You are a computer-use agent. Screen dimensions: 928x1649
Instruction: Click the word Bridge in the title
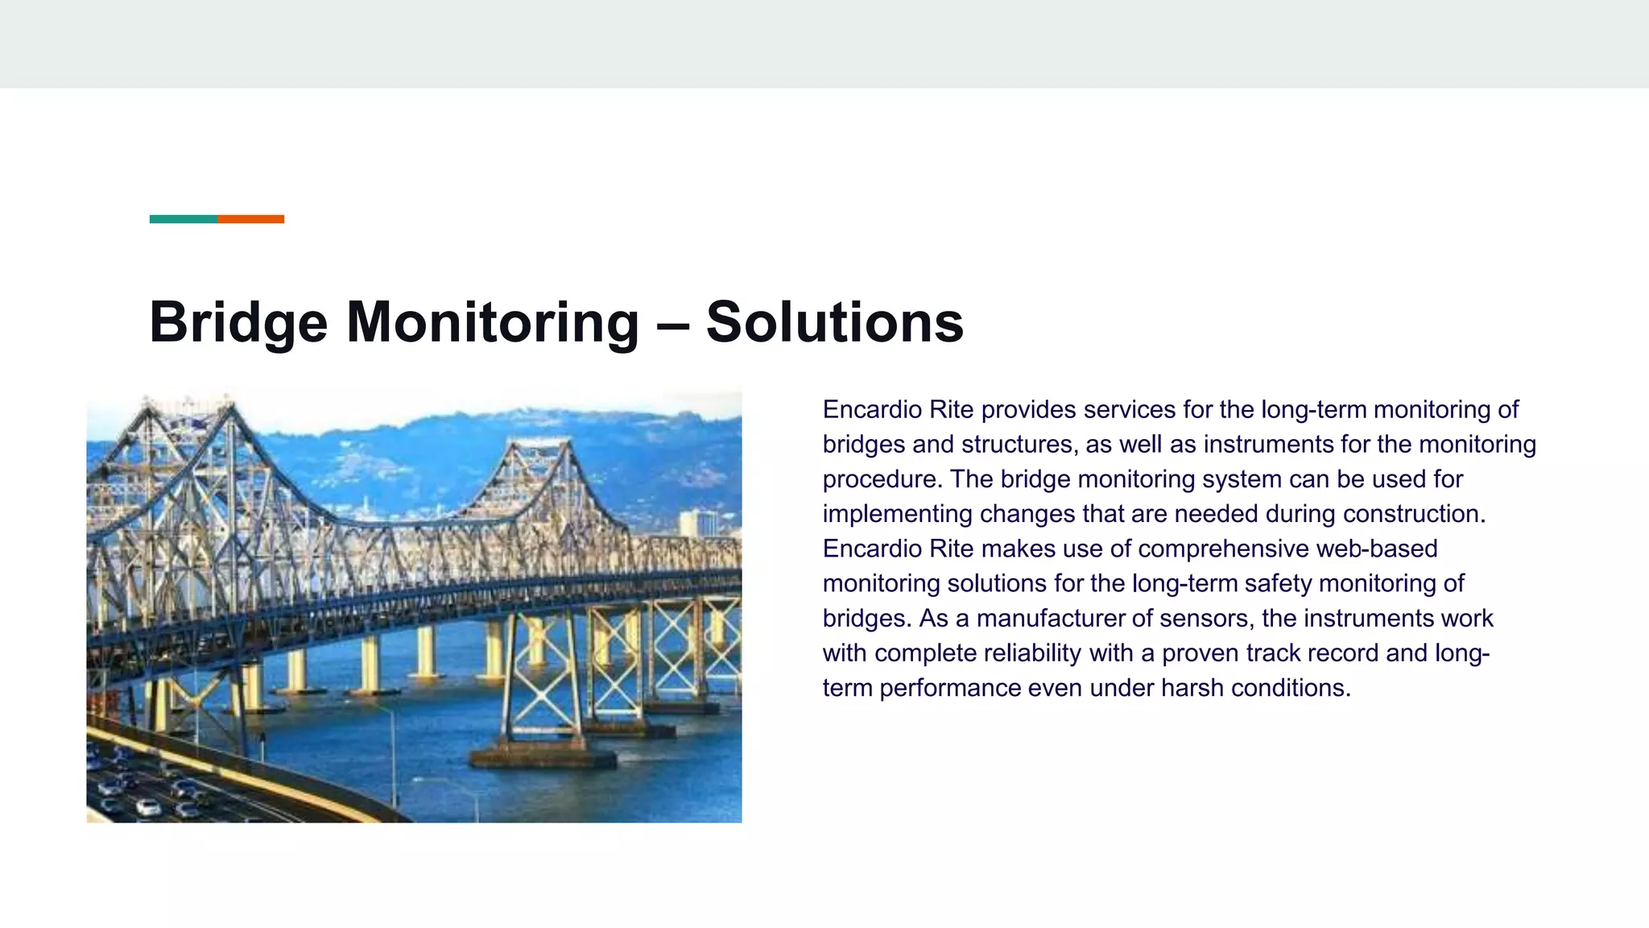[238, 322]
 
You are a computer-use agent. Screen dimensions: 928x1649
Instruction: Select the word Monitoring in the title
[493, 322]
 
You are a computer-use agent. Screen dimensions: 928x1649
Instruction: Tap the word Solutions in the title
[834, 322]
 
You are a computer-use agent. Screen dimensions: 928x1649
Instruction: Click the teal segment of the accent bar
[184, 219]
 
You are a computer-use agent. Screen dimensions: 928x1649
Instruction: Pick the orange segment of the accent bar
[250, 219]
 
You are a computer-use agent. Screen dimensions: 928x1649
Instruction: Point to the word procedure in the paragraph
[879, 479]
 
